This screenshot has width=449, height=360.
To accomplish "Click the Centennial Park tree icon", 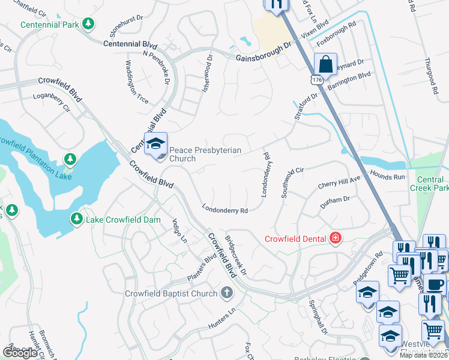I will (89, 24).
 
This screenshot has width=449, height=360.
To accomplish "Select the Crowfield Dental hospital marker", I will (335, 239).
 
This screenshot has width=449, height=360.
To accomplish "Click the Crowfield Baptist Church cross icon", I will (226, 293).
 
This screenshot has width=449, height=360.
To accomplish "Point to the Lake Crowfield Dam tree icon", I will (77, 219).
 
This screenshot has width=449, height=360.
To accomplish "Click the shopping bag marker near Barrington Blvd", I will (325, 63).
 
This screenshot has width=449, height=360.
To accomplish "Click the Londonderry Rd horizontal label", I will (225, 211).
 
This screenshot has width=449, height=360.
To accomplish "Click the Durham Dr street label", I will (334, 199).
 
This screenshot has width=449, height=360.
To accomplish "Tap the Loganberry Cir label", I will (52, 100).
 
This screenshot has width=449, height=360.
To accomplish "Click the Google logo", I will (20, 353).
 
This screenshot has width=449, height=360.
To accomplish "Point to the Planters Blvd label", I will (201, 266).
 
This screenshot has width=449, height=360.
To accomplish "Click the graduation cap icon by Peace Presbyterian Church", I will (155, 144).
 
